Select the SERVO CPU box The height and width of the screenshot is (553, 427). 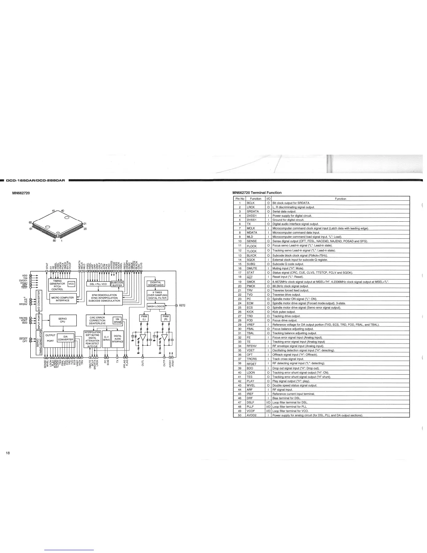click(62, 320)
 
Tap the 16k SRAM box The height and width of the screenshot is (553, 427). click(117, 320)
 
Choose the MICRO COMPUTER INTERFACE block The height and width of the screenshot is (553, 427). click(62, 299)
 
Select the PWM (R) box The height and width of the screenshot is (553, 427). click(166, 318)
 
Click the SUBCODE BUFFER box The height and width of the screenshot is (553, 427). click(117, 284)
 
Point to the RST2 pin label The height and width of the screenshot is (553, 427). click(182, 306)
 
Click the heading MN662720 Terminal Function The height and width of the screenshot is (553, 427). click(257, 193)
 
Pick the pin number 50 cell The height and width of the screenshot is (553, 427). click(240, 415)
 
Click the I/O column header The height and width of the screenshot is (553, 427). click(268, 199)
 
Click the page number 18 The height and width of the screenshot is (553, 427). click(8, 453)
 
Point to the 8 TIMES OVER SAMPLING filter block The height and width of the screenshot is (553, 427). click(157, 295)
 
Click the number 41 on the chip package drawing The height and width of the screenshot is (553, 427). click(54, 211)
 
